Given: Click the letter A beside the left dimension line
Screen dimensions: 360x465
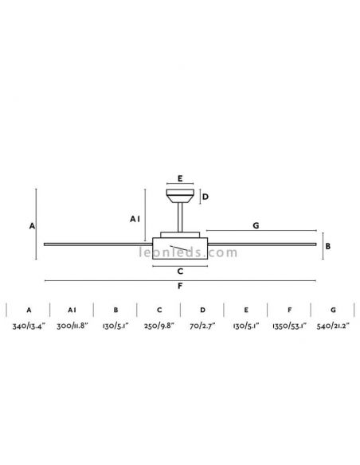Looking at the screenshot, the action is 32,226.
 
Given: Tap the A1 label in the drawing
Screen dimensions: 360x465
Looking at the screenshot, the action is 135,219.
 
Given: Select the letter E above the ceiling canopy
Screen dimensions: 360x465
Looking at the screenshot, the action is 180,178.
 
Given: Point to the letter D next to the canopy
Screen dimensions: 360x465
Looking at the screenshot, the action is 205,197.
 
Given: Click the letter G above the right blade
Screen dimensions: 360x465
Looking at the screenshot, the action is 256,225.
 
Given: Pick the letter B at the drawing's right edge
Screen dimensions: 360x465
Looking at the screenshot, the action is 327,246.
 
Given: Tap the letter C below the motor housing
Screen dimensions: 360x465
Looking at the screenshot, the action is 180,271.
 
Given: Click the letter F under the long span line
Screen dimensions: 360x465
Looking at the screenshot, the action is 180,286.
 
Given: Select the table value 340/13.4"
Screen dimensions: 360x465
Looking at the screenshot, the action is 29,326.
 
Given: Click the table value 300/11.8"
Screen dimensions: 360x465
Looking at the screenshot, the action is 72,326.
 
